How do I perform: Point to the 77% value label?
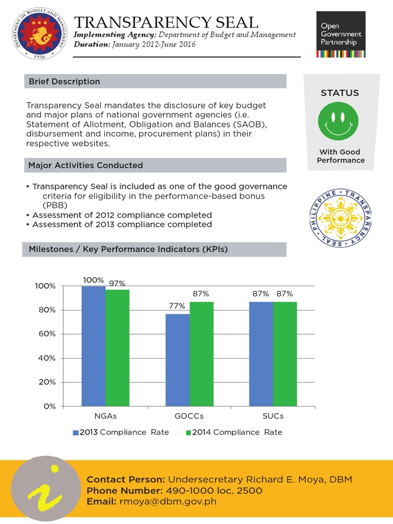[x=177, y=306]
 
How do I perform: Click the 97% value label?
[x=117, y=282]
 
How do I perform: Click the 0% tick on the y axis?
[x=49, y=406]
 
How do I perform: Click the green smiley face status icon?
[x=340, y=121]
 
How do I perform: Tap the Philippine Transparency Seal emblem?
[x=340, y=217]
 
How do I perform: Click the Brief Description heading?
[x=64, y=81]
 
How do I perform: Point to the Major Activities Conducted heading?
[x=85, y=165]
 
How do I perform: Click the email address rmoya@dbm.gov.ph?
[x=167, y=501]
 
